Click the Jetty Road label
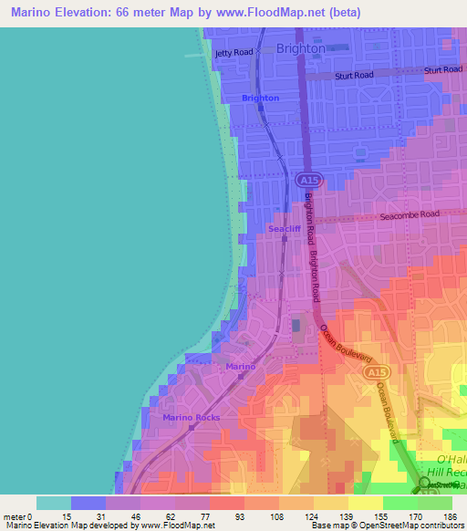click(x=233, y=53)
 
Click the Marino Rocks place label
click(x=192, y=417)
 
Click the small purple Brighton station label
click(x=260, y=98)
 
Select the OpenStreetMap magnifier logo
click(x=426, y=483)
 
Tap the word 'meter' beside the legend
click(x=16, y=515)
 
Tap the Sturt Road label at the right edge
click(x=443, y=70)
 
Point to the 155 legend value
click(x=382, y=515)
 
